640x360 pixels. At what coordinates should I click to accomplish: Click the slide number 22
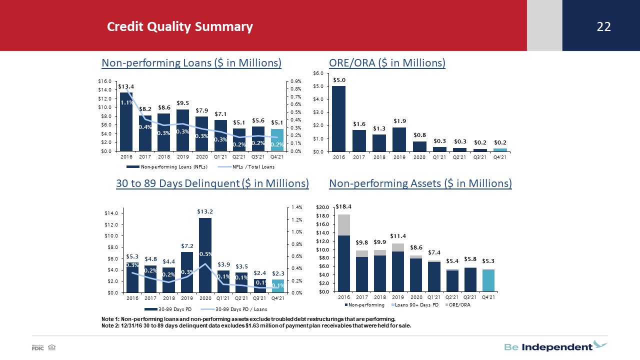tap(603, 26)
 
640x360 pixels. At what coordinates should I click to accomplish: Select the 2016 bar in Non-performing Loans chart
tap(126, 121)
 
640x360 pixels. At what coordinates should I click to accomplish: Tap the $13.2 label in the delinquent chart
tap(205, 211)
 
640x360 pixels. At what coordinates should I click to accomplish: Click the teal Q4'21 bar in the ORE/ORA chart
tap(500, 150)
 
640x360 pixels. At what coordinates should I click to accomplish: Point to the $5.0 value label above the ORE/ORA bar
tap(339, 80)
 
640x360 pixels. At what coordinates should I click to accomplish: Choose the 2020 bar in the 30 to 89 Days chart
tap(205, 255)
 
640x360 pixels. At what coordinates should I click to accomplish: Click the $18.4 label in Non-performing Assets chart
tap(343, 206)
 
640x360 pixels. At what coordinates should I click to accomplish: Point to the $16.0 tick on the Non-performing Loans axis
tap(104, 81)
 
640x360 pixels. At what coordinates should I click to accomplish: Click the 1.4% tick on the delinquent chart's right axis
tap(296, 207)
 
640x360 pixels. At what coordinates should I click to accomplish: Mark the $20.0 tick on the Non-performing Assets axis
tap(322, 207)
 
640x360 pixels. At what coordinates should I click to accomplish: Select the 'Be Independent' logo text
tap(548, 347)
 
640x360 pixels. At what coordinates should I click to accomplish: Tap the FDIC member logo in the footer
tap(37, 347)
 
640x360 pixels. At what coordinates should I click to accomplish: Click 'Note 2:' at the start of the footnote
tap(110, 325)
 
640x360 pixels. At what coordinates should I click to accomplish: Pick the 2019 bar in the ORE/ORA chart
tap(399, 139)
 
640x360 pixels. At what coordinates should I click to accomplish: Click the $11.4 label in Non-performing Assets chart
tap(398, 236)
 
